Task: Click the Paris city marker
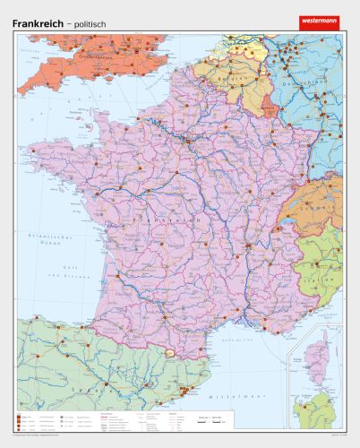pyautogui.click(x=187, y=139)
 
